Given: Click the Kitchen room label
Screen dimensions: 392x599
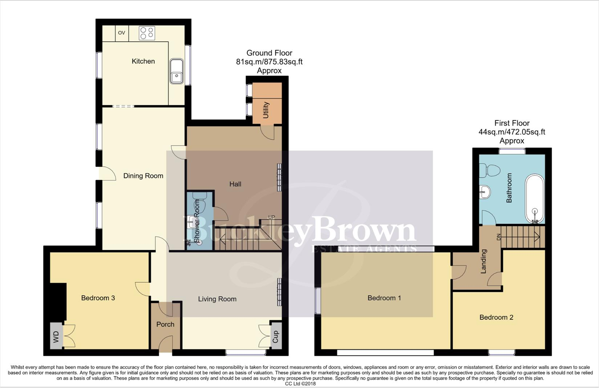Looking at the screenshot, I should click(143, 61).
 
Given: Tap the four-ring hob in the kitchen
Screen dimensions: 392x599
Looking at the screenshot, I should click(147, 33).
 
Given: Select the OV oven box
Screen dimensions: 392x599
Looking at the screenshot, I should click(122, 33).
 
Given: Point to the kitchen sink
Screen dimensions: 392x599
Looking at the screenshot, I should click(177, 72).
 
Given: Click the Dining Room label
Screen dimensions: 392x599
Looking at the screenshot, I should click(143, 176).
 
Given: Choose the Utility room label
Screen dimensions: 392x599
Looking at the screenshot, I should click(266, 110).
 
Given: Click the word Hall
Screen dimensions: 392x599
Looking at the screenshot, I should click(235, 184).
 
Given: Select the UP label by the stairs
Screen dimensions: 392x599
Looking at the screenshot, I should click(271, 217).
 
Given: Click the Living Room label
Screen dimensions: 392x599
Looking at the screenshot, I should click(217, 299).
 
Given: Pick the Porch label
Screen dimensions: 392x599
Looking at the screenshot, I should click(165, 324).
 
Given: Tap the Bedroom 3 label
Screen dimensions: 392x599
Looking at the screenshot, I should click(98, 298).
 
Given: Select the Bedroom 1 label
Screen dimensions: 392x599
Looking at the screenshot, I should click(384, 298).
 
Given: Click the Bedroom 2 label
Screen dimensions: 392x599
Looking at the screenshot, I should click(496, 318).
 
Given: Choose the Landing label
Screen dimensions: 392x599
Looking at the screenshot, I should click(483, 261).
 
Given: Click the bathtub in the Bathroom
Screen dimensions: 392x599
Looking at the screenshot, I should click(535, 199).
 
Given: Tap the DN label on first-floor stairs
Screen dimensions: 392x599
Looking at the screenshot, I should click(499, 237).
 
